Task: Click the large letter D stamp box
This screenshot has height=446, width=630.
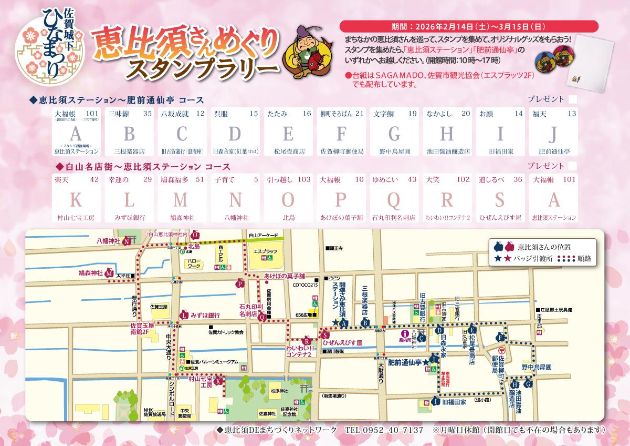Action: [x=235, y=134]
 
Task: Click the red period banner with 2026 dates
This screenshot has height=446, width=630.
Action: [x=468, y=27]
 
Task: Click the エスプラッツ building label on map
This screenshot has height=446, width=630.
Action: [x=265, y=251]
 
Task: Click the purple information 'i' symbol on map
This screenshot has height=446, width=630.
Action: [x=404, y=333]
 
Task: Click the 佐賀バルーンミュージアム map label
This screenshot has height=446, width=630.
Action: [x=215, y=362]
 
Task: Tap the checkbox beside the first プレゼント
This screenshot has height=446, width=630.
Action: [x=572, y=99]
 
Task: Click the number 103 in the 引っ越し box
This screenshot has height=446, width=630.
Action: [x=303, y=179]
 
